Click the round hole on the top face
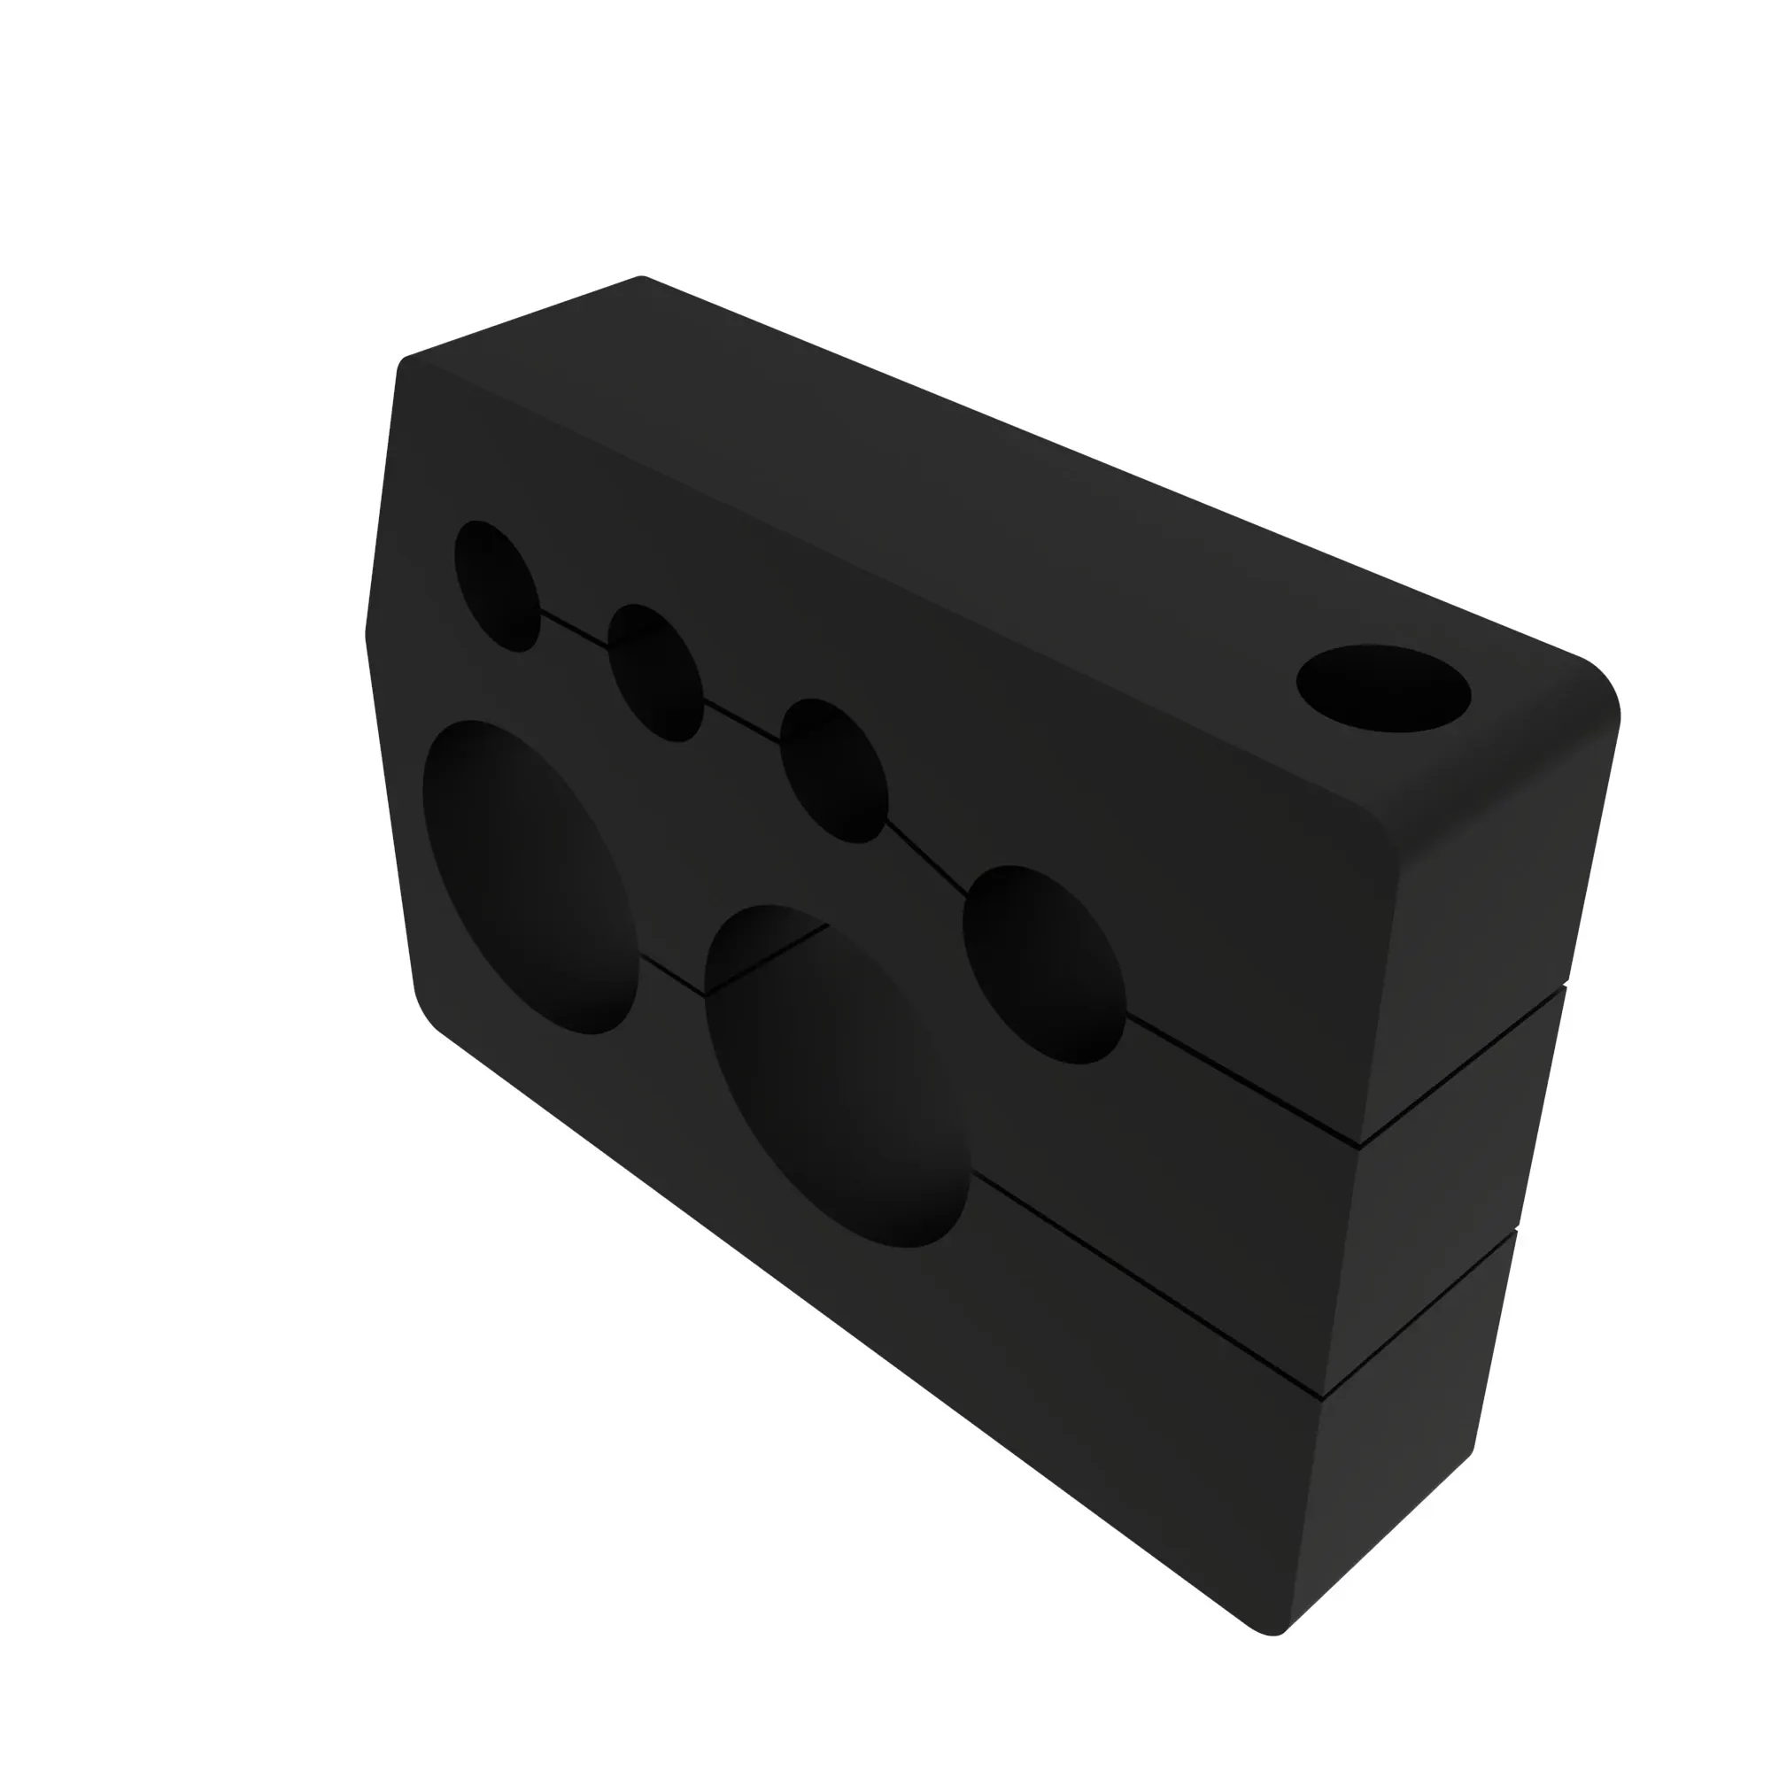(x=1383, y=688)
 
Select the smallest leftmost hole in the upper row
(x=497, y=585)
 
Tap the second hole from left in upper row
(x=655, y=673)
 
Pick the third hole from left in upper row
(x=833, y=770)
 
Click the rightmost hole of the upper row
(x=1044, y=964)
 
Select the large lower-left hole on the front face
(x=530, y=878)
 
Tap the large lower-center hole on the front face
(x=837, y=1076)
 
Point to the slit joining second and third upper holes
(x=740, y=721)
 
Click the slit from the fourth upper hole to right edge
(x=1242, y=1079)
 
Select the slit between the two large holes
(x=671, y=975)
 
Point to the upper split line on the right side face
(x=1463, y=1065)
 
